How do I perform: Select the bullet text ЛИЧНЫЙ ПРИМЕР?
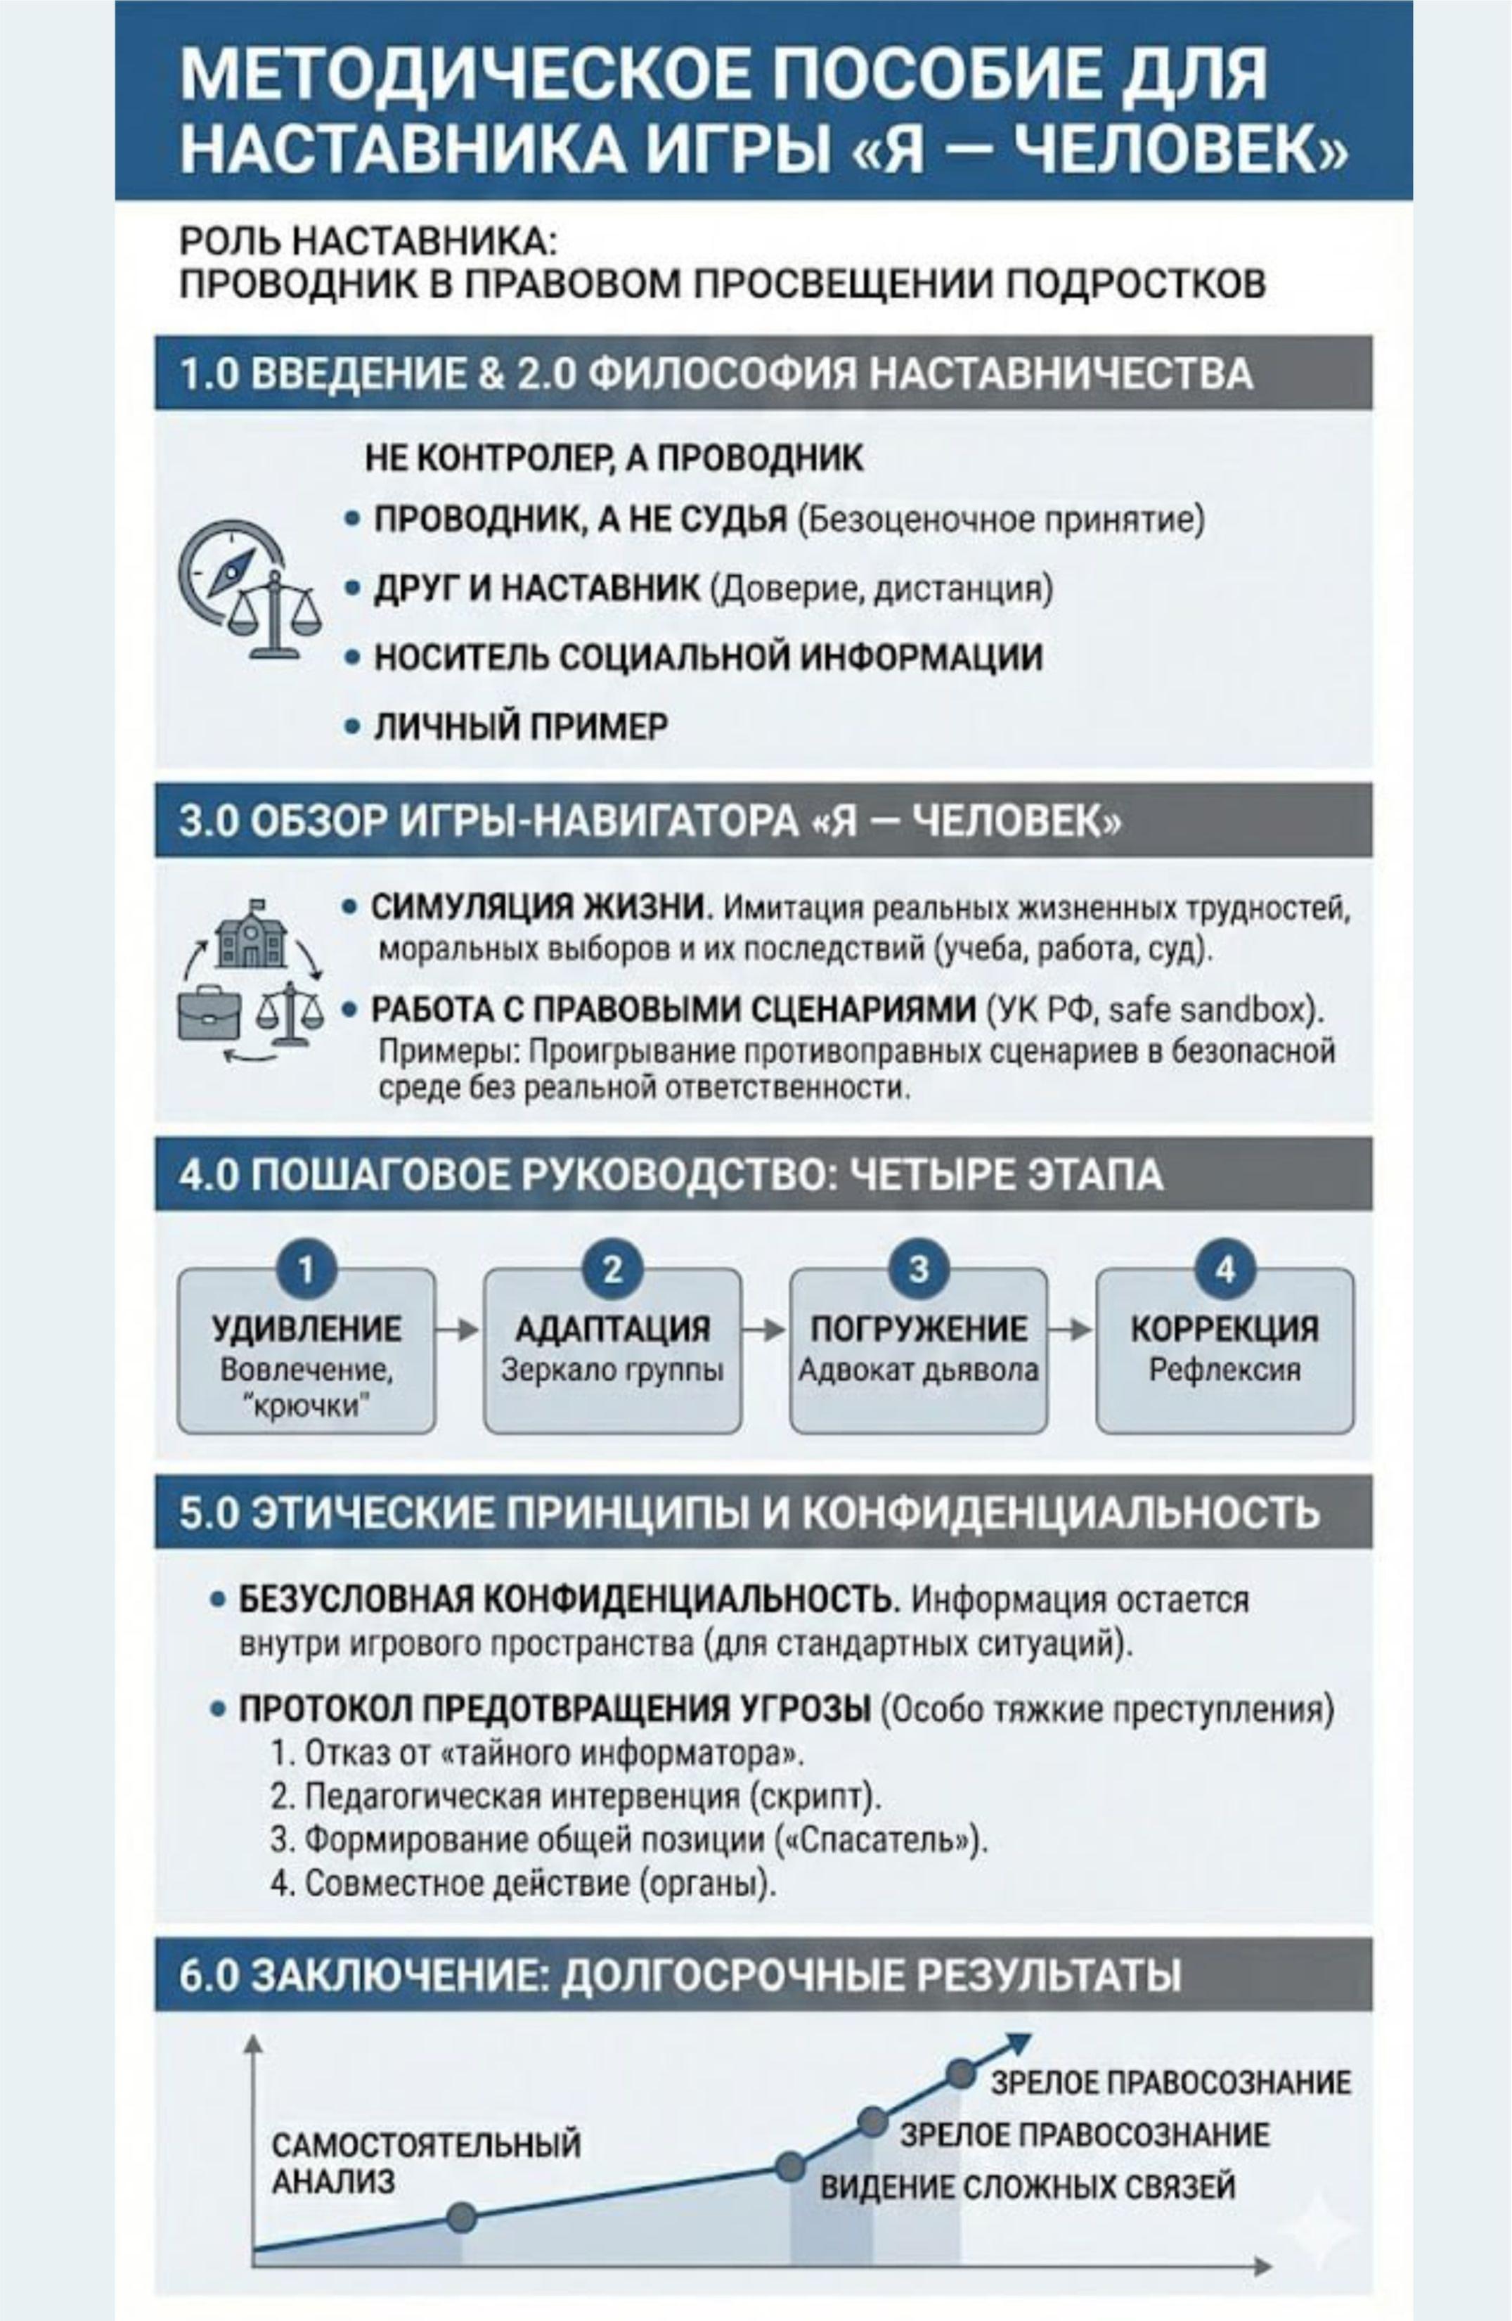(522, 726)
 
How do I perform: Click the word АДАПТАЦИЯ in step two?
(612, 1328)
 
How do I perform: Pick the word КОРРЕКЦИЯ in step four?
(1225, 1328)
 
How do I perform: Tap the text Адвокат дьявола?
(918, 1370)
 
